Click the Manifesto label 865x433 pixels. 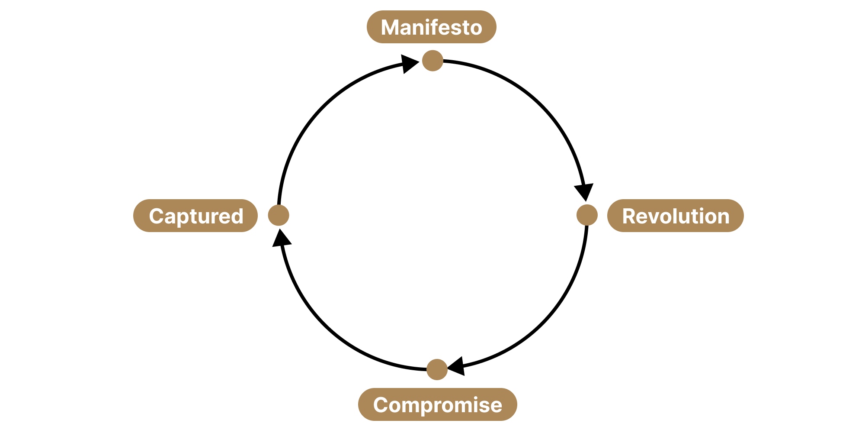(x=431, y=27)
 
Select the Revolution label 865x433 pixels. (x=675, y=216)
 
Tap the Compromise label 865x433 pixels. (x=437, y=404)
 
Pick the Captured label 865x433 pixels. (x=195, y=216)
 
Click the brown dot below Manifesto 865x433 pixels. (x=432, y=61)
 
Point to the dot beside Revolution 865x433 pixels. (x=587, y=215)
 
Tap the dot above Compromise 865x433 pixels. (x=437, y=369)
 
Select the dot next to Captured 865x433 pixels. (x=279, y=215)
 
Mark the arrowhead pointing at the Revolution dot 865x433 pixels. (x=584, y=191)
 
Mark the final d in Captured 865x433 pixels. (x=237, y=216)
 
